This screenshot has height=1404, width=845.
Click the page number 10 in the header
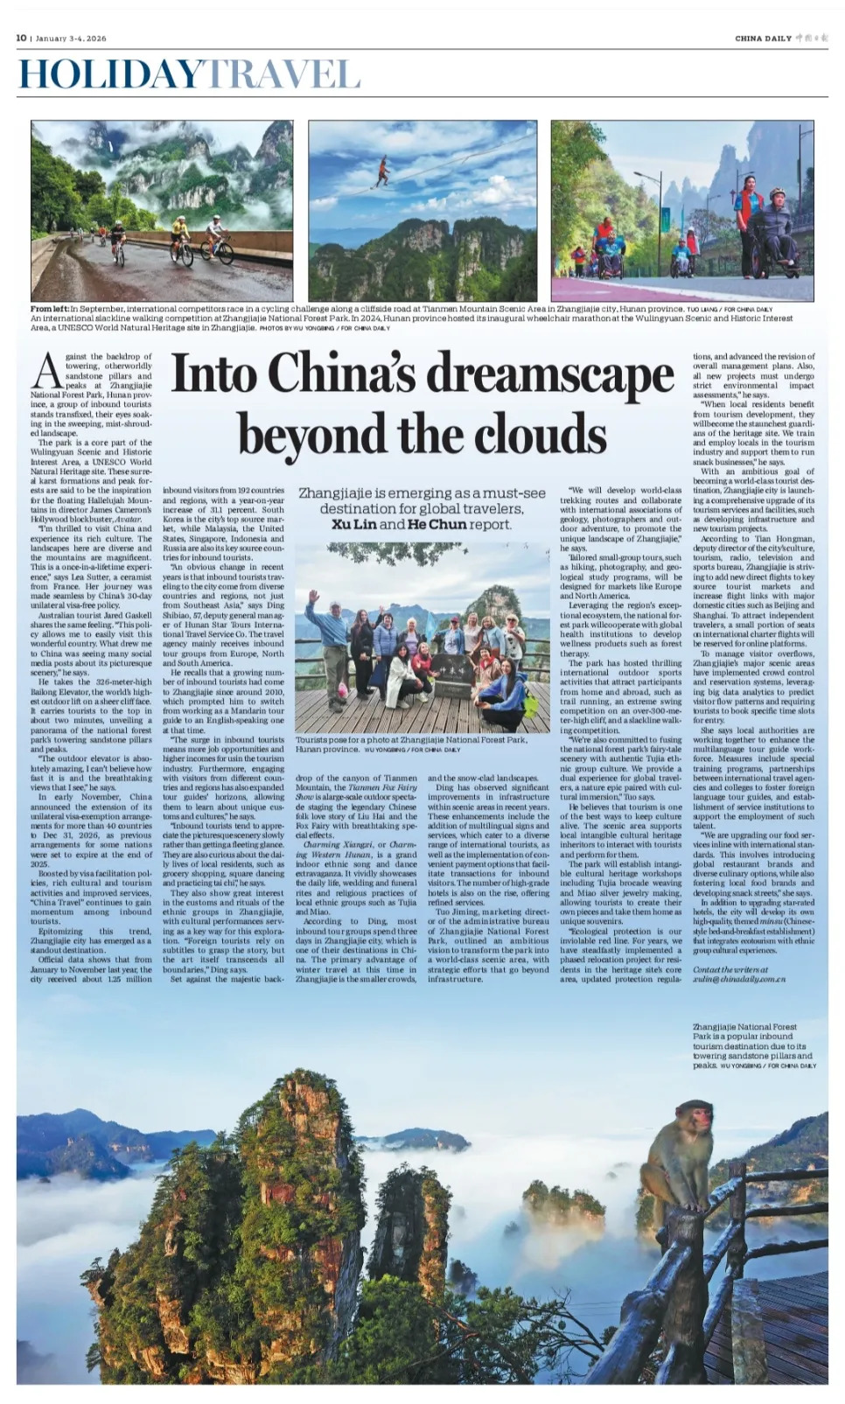21,38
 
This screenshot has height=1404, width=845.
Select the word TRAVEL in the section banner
282,75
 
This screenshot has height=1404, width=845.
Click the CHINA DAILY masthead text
763,38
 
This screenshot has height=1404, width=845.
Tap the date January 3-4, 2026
71,38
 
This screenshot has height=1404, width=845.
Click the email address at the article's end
738,979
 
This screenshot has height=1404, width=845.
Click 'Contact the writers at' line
730,969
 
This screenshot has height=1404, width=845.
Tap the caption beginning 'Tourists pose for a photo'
411,739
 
